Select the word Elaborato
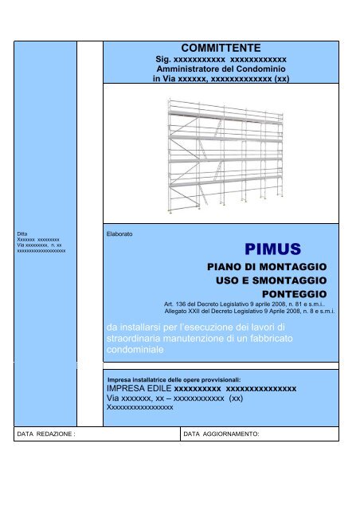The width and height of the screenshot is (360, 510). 119,235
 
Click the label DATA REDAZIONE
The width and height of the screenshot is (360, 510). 46,435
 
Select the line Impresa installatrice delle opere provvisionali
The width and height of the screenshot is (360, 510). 173,379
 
